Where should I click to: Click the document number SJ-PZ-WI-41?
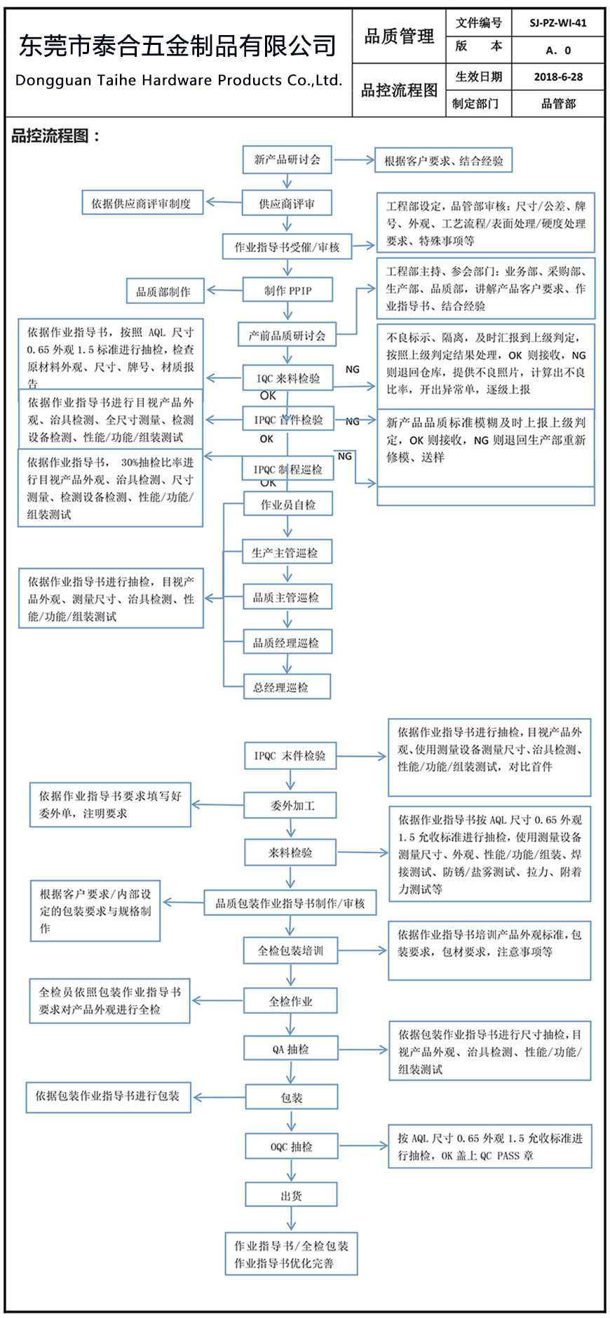pos(558,22)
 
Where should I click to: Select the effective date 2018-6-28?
pos(558,76)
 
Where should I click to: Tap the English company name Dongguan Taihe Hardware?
pos(178,80)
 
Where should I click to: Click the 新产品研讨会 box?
pos(287,159)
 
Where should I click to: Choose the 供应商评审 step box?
pos(287,204)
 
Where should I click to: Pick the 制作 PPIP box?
pos(287,291)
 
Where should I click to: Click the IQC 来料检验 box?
pos(287,378)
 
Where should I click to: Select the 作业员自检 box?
pos(287,505)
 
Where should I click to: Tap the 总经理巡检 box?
pos(280,687)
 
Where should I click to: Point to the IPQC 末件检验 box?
pos(290,756)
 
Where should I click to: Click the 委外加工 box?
pos(290,806)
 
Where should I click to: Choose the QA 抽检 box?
pos(290,1049)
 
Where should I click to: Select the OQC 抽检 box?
pos(292,1147)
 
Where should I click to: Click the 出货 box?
pos(291,1196)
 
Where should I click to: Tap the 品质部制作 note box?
pos(164,291)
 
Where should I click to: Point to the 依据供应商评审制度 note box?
pos(142,204)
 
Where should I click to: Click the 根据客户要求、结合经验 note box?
pos(443,161)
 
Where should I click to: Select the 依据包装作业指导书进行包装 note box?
pos(108,1096)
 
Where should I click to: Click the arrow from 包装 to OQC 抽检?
pos(292,1121)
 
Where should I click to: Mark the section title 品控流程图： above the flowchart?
pos(55,136)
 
